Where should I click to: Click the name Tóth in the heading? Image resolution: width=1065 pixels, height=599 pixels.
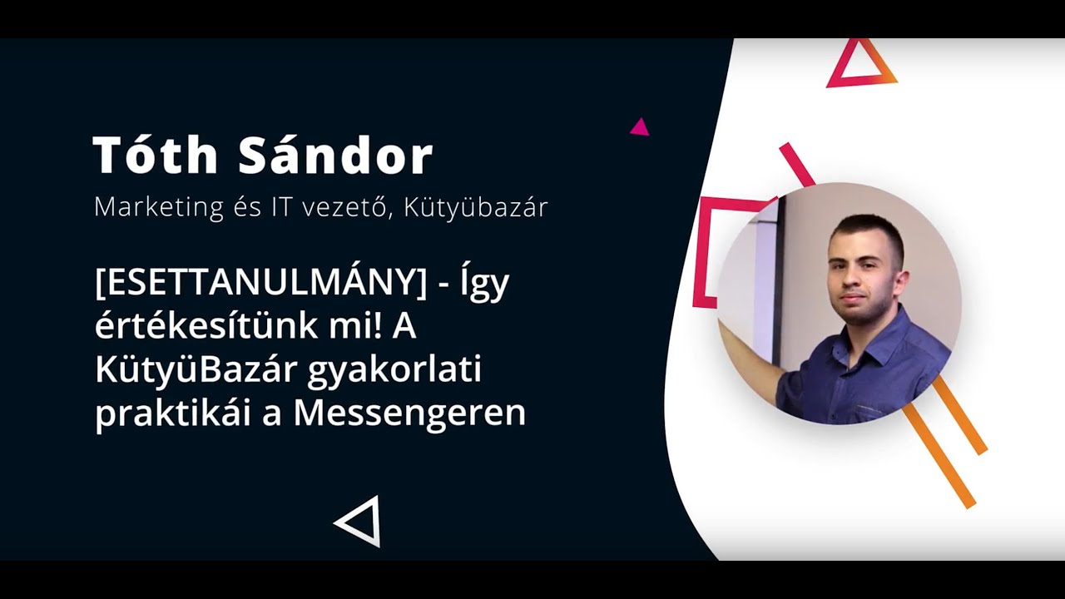point(156,155)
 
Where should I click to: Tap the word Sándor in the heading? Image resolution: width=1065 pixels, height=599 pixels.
point(336,155)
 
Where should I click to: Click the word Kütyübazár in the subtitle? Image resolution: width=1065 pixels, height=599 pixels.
point(476,207)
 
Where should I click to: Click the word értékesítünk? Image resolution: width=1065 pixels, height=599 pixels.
point(213,327)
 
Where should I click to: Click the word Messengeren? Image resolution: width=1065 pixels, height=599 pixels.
point(409,413)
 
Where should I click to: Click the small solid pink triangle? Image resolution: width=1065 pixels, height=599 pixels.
point(639,127)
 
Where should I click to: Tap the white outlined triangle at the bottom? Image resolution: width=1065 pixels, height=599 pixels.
point(361,521)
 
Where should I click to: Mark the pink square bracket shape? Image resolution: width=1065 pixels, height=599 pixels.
point(707,250)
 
